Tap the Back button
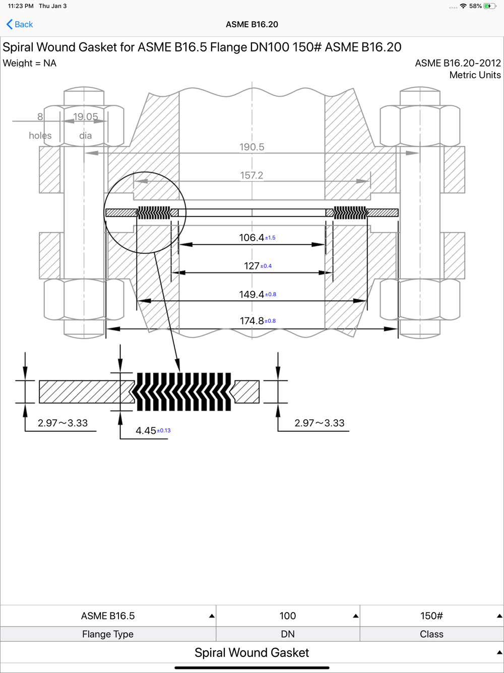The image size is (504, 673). tap(20, 24)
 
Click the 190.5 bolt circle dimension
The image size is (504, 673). tap(251, 147)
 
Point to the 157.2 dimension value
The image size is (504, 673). tap(251, 175)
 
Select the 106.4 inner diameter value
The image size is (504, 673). tap(251, 237)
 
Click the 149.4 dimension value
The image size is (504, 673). tap(251, 294)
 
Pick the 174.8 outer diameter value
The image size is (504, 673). tap(251, 321)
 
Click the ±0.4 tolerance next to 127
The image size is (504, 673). tap(266, 266)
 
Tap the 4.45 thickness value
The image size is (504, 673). tap(146, 430)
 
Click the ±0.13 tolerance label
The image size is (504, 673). tap(163, 430)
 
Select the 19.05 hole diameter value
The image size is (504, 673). tap(86, 117)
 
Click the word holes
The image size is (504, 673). tap(40, 136)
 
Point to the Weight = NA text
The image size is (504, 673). tap(30, 63)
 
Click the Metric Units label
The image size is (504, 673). tap(475, 75)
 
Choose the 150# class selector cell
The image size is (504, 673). tap(432, 615)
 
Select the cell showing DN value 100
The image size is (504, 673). tap(288, 615)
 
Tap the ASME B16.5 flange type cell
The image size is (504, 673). tap(108, 615)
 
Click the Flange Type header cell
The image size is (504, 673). tap(108, 634)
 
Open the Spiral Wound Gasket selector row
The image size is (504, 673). tap(251, 652)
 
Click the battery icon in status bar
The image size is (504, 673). tap(489, 6)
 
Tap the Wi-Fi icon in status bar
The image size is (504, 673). tap(463, 6)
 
